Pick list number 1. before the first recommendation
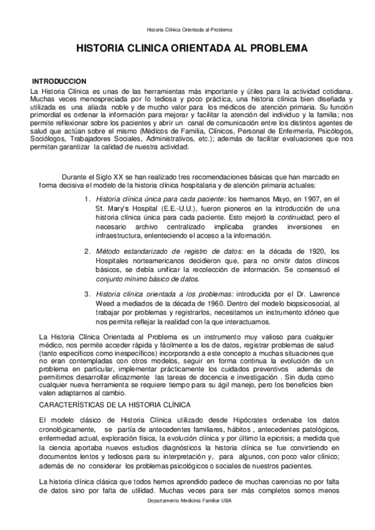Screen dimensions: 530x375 [x=88, y=198]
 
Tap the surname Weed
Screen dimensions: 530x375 [x=106, y=303]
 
